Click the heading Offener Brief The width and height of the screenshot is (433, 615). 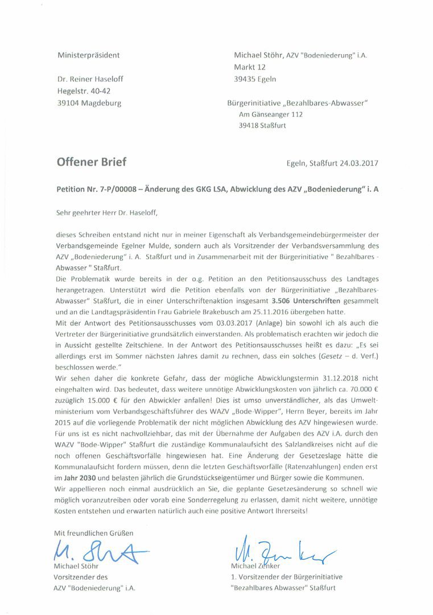point(91,162)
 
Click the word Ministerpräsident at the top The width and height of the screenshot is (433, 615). point(88,55)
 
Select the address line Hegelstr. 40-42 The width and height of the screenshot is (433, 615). point(84,91)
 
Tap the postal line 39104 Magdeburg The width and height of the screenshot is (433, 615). point(89,103)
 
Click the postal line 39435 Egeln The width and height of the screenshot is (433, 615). point(255,79)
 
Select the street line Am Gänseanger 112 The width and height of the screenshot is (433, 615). point(270,114)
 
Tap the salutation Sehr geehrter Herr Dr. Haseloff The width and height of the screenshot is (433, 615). point(106,213)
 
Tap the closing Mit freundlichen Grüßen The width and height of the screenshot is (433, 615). point(94,533)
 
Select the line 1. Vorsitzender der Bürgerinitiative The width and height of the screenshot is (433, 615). point(287,577)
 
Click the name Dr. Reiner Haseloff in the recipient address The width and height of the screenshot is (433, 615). point(90,79)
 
